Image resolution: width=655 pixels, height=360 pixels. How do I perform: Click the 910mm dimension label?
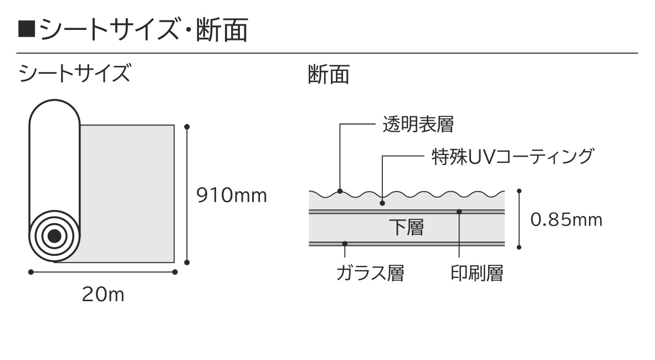(232, 196)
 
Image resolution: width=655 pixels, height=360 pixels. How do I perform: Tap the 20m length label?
(103, 295)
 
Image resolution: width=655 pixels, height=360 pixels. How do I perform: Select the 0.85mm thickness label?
(566, 220)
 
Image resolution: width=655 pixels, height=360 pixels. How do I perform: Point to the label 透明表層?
(418, 124)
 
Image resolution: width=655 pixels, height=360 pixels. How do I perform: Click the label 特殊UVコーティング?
(513, 157)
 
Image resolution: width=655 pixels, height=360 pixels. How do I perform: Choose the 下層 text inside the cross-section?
(406, 228)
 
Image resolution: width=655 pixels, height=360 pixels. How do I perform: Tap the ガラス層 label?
(371, 273)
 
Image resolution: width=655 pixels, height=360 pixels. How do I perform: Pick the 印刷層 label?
(477, 273)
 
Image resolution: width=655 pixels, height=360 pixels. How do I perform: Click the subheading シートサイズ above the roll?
(75, 73)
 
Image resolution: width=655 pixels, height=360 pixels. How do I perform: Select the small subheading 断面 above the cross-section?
(329, 75)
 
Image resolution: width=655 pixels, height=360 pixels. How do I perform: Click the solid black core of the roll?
(54, 236)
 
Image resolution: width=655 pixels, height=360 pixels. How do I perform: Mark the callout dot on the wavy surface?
(340, 191)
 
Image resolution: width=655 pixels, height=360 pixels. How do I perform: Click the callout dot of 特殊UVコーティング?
(382, 203)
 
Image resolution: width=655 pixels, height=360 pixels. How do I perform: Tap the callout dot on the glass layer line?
(345, 244)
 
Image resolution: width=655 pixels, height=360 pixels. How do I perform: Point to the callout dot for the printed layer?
(459, 212)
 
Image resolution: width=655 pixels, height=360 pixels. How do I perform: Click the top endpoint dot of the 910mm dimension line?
(187, 126)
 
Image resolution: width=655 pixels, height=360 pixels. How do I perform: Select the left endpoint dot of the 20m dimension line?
(31, 272)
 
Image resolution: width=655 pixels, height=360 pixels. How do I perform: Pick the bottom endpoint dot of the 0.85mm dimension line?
(519, 247)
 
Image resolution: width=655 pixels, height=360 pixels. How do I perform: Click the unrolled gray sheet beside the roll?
(127, 194)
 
